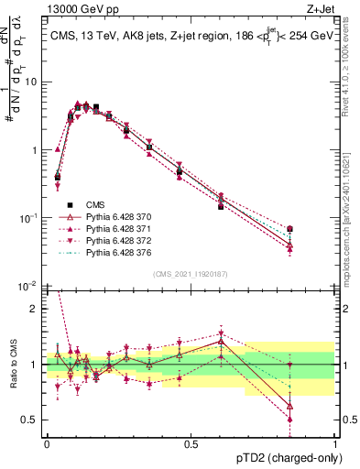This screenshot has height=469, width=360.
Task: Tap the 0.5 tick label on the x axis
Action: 191,442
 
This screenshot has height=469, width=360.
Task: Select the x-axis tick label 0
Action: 47,442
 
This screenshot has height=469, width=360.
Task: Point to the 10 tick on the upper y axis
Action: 32,82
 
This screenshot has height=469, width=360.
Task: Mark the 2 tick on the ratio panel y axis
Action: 36,309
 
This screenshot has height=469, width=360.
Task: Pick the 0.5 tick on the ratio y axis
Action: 32,420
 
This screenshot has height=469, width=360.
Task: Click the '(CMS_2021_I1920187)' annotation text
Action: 191,274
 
